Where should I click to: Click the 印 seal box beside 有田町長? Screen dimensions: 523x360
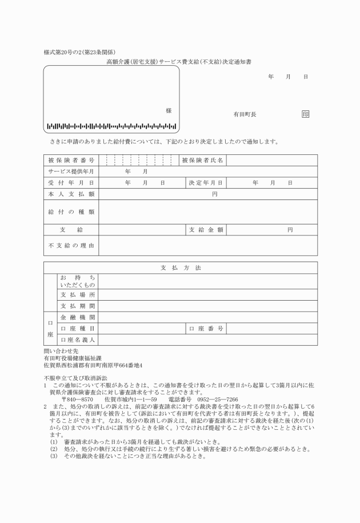coord(305,114)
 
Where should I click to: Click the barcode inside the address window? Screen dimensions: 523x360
coord(111,126)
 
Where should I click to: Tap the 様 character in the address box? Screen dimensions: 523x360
coord(169,110)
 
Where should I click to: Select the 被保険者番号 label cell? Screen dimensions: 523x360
coord(71,161)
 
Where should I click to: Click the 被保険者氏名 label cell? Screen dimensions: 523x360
coord(202,161)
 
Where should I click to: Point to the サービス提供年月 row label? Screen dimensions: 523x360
coord(71,171)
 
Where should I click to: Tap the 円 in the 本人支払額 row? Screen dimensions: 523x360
coord(215,194)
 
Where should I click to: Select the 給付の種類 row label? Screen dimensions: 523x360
coord(71,211)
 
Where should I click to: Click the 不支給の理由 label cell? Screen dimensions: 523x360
coord(71,246)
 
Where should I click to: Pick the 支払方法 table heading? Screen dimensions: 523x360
coord(180,268)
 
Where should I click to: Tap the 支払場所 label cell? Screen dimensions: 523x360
coord(78,294)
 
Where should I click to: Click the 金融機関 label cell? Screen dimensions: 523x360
coord(78,317)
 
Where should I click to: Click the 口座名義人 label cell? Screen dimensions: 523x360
coord(78,340)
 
